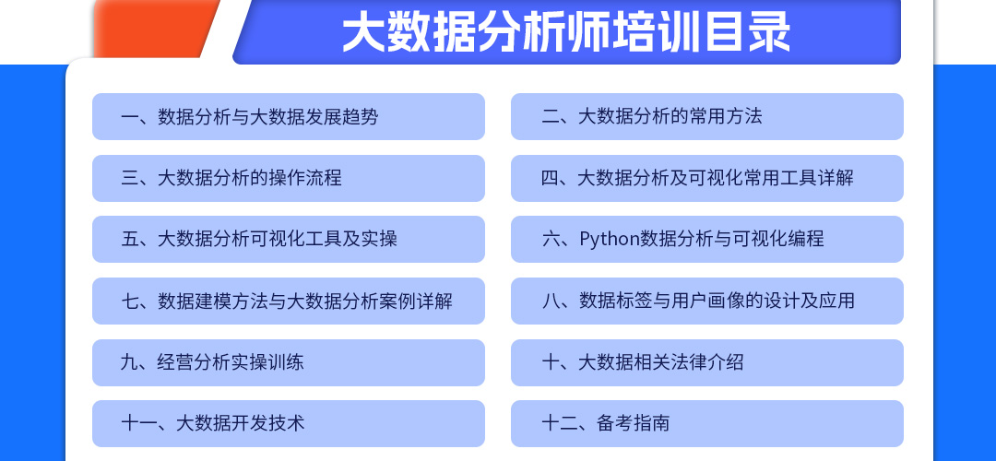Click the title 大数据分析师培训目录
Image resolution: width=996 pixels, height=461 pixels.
(566, 31)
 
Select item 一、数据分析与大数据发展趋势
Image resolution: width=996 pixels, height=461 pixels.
(249, 117)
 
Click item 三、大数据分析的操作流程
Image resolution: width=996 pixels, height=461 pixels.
(231, 178)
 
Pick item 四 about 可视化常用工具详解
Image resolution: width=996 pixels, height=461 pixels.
(697, 178)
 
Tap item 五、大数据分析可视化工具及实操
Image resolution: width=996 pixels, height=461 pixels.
(259, 239)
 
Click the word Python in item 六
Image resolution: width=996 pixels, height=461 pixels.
(609, 239)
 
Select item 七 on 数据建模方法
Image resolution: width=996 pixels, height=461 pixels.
(287, 301)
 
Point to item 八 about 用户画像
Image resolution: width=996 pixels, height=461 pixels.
(698, 301)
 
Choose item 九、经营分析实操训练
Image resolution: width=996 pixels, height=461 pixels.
(212, 362)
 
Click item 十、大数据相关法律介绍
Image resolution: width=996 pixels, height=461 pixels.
(642, 362)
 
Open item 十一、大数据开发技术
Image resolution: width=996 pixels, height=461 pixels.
(213, 423)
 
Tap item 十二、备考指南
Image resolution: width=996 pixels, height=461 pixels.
(605, 423)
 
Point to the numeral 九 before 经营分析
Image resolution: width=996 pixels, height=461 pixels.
(130, 362)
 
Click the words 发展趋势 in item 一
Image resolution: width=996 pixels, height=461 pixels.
(342, 117)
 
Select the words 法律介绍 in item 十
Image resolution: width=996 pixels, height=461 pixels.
(707, 362)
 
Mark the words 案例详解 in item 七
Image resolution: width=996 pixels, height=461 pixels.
(416, 301)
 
